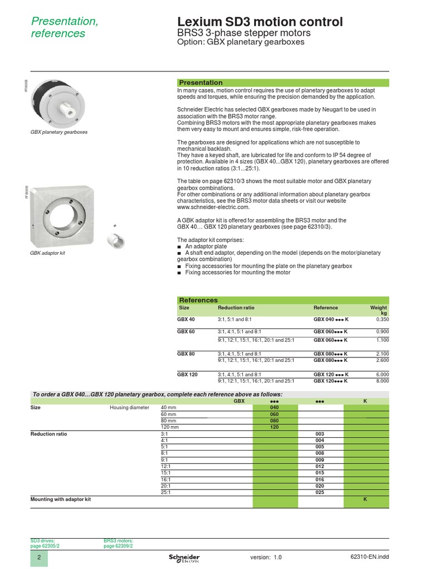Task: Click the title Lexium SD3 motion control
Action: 260,22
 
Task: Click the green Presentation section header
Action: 201,83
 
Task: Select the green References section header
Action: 198,300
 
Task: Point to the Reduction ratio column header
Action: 236,308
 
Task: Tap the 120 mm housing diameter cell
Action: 170,427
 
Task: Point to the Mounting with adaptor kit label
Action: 60,500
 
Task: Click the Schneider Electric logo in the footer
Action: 184,558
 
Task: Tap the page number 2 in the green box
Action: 39,558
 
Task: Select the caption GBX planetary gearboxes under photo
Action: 59,132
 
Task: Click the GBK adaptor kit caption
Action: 48,253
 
